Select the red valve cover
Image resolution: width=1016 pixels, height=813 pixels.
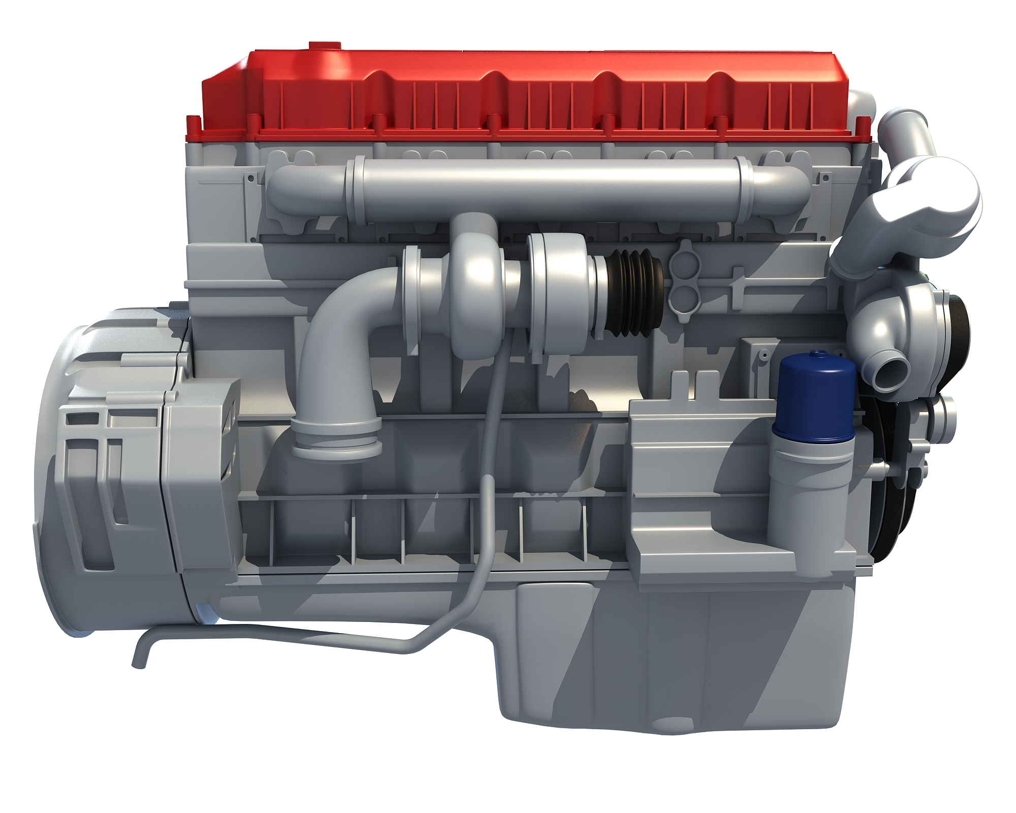(x=508, y=97)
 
